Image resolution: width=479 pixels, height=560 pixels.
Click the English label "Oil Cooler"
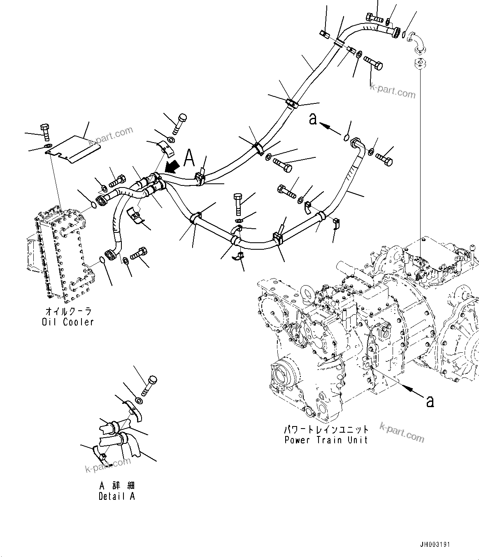(67, 322)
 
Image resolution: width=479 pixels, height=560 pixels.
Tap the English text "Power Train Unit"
(326, 440)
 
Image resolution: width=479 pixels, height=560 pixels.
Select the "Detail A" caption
(116, 496)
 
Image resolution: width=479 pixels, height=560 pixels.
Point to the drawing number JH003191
(435, 544)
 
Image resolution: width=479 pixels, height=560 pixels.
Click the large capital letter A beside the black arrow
(189, 157)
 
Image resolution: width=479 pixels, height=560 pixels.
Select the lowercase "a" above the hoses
(314, 119)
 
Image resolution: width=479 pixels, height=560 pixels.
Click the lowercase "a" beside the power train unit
(430, 401)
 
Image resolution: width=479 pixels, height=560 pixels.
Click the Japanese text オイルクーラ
(67, 312)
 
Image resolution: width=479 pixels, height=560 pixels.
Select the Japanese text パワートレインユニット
(326, 429)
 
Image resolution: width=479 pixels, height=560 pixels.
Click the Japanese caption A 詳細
(116, 485)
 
